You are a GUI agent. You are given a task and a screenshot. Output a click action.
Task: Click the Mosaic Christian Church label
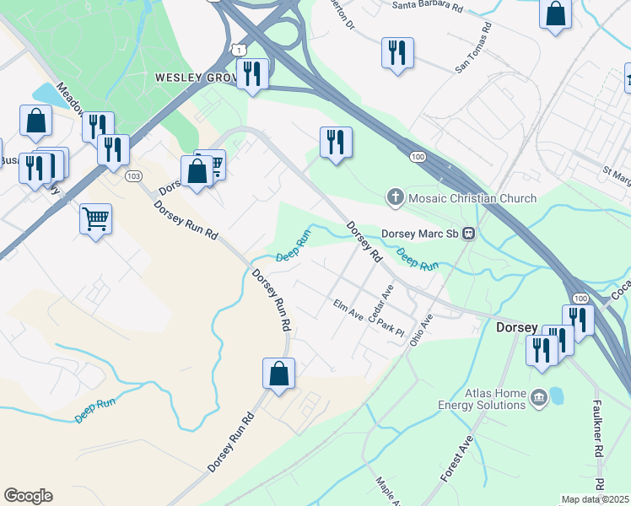coord(472,199)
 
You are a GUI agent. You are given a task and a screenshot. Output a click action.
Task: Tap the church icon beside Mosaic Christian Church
coord(394,198)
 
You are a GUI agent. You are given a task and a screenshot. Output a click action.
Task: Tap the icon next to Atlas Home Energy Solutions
coord(538,396)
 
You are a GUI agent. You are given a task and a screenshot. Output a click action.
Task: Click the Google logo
coord(28,496)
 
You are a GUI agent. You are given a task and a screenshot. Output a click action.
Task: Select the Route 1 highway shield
coord(241,51)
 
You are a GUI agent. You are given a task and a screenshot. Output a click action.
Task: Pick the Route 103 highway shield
coord(132,176)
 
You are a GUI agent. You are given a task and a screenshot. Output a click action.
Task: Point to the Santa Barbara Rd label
coord(429,6)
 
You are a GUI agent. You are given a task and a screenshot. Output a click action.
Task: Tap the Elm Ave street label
coord(348,310)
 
